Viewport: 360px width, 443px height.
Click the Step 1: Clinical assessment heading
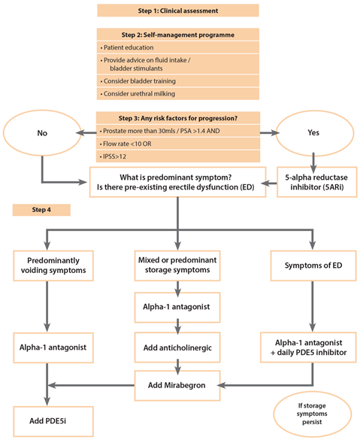coord(178,11)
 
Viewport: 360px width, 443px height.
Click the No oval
coord(42,133)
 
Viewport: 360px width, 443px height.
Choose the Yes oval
coord(313,132)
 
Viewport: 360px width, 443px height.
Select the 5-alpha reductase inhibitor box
coord(317,182)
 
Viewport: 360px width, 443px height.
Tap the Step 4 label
coord(41,210)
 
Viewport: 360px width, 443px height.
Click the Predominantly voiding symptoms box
coord(53,265)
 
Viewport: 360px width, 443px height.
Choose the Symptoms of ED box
coord(313,265)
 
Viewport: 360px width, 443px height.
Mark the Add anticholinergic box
coord(177,347)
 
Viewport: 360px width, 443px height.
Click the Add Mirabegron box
coord(177,385)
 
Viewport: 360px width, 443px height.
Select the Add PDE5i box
coord(53,421)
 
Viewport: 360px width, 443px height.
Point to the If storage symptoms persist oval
coord(312,414)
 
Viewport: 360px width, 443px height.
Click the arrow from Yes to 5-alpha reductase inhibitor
coord(313,162)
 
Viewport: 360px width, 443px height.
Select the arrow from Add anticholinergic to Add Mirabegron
coord(177,367)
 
